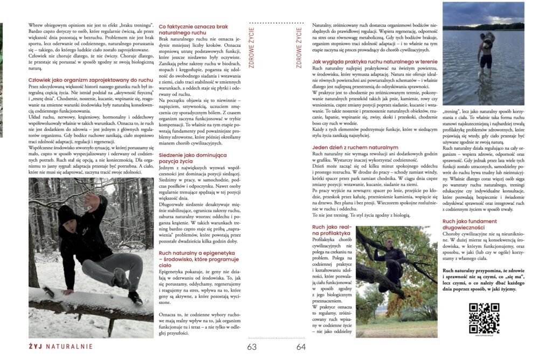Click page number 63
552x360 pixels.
pyautogui.click(x=252, y=347)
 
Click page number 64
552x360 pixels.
pyautogui.click(x=301, y=347)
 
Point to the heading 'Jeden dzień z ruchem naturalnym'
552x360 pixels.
pyautogui.click(x=355, y=147)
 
